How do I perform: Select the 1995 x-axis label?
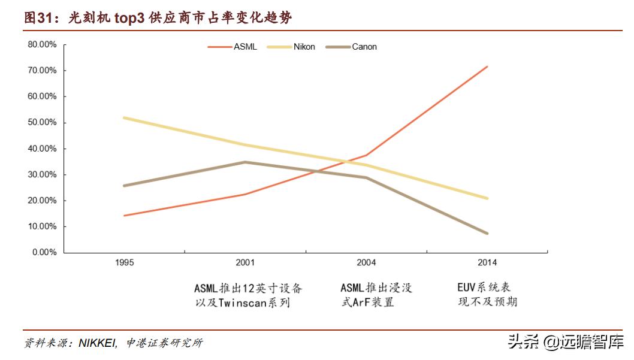coord(125,263)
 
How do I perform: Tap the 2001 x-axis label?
coord(245,263)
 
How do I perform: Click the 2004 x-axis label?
coord(366,263)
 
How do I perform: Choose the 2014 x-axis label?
coord(487,263)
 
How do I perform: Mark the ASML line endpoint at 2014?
coord(487,66)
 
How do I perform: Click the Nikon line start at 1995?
coord(124,117)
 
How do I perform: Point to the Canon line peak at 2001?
coord(244,162)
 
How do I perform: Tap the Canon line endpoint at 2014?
coord(487,233)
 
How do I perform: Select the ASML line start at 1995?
coord(124,216)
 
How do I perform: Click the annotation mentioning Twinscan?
coord(248,295)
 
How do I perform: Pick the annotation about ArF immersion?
coord(376,295)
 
